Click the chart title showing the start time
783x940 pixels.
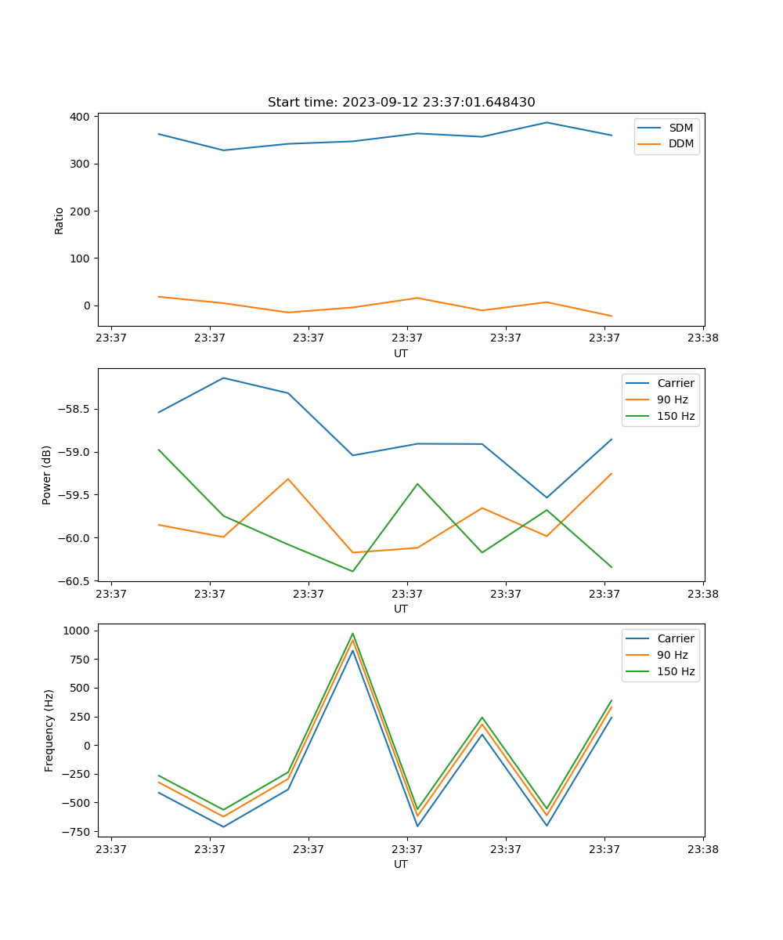point(401,103)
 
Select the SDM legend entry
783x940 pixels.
point(680,128)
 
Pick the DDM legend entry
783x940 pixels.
point(680,143)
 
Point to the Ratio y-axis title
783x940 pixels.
point(60,221)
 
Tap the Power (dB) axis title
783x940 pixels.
point(47,475)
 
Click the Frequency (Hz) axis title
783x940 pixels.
point(49,730)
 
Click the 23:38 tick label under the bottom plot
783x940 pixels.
point(702,848)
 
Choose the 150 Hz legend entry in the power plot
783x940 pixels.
point(676,416)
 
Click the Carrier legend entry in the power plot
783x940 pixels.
point(676,383)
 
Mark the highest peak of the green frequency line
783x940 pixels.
point(352,634)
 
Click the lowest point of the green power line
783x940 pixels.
point(352,571)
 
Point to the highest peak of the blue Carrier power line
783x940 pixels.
point(223,378)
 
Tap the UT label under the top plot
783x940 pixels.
point(401,353)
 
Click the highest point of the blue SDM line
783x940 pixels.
point(547,122)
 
